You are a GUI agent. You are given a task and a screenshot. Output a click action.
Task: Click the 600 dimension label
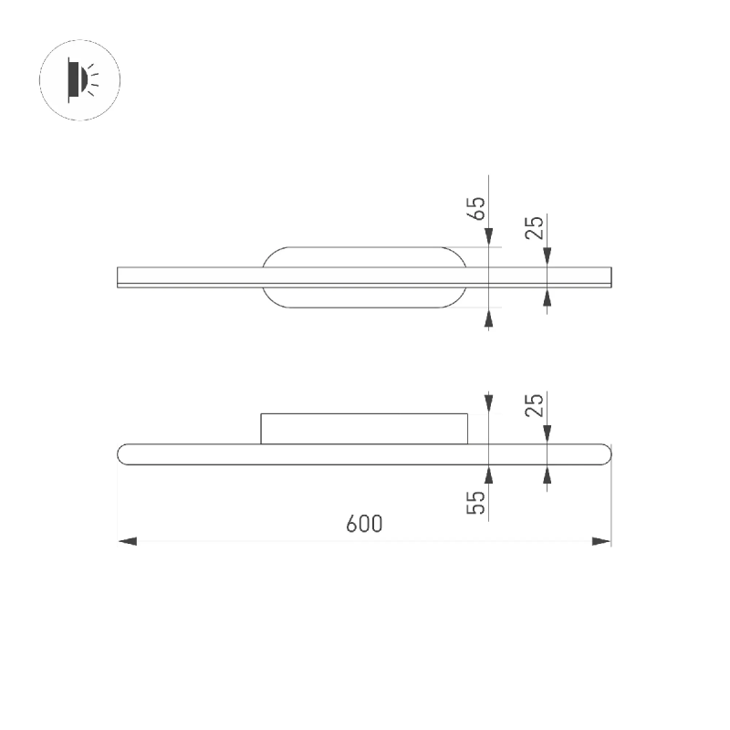click(x=364, y=524)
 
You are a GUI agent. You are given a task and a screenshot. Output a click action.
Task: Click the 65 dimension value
click(x=476, y=209)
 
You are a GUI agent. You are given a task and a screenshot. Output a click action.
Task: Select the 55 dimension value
click(x=475, y=503)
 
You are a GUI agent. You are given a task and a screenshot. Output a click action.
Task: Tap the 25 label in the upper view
click(x=535, y=227)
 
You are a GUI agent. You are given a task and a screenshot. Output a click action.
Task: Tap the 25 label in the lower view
click(x=535, y=405)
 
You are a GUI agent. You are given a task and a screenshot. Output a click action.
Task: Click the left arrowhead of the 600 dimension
click(x=128, y=541)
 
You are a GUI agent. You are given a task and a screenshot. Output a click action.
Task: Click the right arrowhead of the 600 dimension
click(x=601, y=541)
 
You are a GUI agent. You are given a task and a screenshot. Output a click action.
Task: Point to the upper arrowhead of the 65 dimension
click(x=488, y=237)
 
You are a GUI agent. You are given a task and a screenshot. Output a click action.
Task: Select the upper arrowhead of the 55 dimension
click(x=488, y=403)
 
